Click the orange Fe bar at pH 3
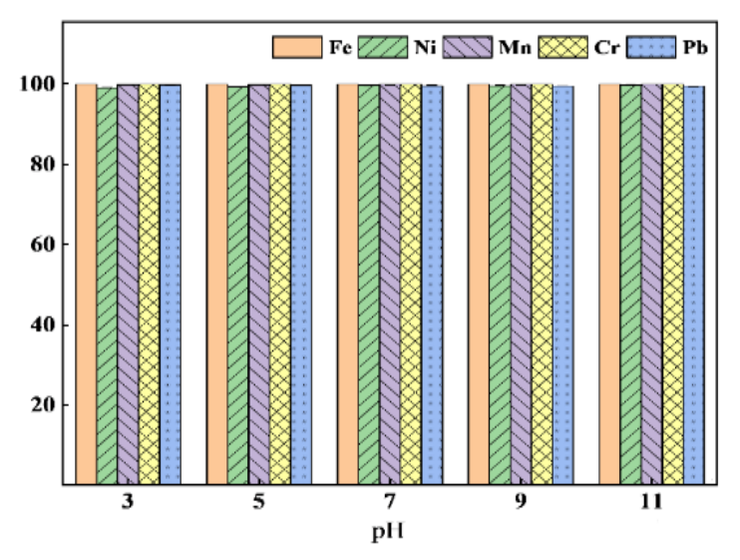(x=87, y=284)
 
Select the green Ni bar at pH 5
(x=237, y=284)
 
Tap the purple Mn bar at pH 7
(x=389, y=284)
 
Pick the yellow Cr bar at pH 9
(x=542, y=284)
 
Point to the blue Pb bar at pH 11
(x=694, y=284)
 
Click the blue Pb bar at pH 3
(x=170, y=284)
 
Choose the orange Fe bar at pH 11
(x=609, y=284)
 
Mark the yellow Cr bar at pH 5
(x=279, y=284)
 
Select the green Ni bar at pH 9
(x=500, y=284)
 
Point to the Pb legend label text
(x=694, y=46)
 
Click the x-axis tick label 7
(x=389, y=503)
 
